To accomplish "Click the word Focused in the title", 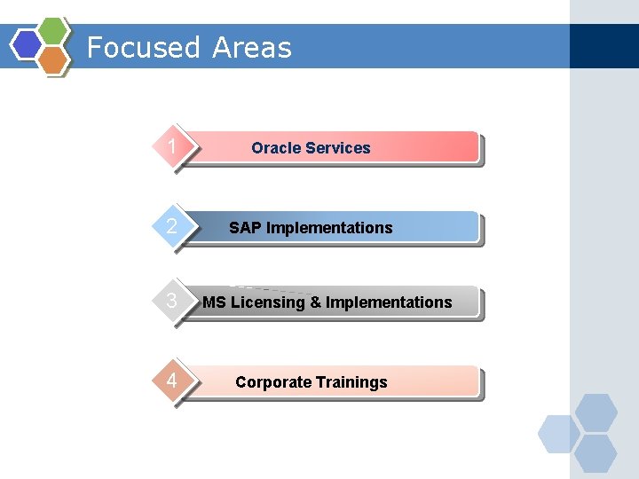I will [144, 47].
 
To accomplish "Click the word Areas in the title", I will [251, 47].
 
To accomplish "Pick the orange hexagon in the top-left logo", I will [53, 59].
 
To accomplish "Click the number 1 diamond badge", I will [172, 146].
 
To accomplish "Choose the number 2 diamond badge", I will [172, 226].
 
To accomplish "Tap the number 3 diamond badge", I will [172, 301].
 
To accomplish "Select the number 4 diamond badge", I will [172, 381].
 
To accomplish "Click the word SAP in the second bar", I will [246, 228].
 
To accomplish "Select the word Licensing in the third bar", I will [267, 302].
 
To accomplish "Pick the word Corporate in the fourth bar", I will [273, 382].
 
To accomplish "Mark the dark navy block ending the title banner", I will [603, 46].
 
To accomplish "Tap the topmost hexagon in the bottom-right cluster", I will [596, 412].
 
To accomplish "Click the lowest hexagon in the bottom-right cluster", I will [596, 453].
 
